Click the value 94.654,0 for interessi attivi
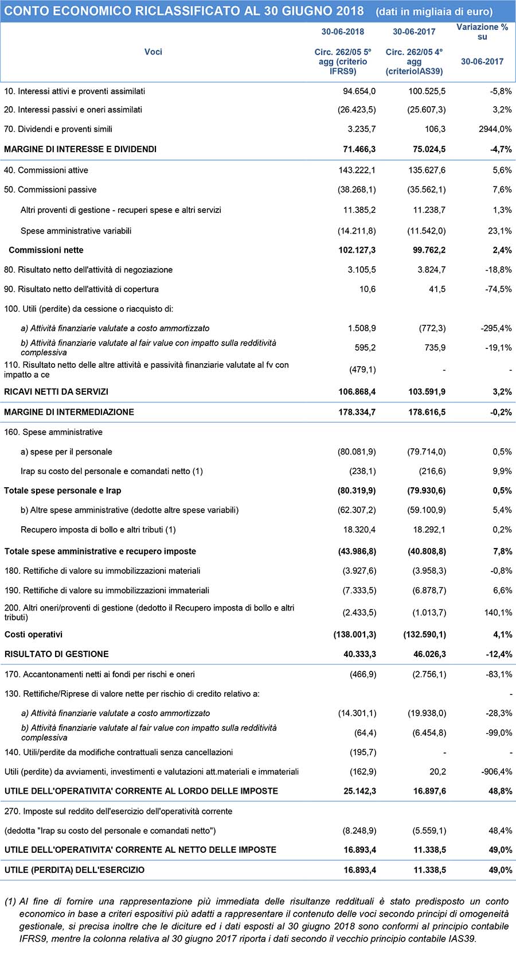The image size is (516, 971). pyautogui.click(x=359, y=91)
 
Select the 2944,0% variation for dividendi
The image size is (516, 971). pyautogui.click(x=495, y=129)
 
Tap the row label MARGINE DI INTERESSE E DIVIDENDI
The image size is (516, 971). pyautogui.click(x=80, y=149)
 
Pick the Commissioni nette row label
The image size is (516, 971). pyautogui.click(x=46, y=250)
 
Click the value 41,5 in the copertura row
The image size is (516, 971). pyautogui.click(x=437, y=289)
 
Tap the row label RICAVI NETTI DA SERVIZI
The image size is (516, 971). pyautogui.click(x=56, y=392)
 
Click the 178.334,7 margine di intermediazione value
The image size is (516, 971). pyautogui.click(x=357, y=412)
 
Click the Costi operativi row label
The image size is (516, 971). pyautogui.click(x=33, y=635)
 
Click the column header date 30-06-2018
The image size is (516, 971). pyautogui.click(x=342, y=32)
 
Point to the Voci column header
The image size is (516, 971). pyautogui.click(x=153, y=52)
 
